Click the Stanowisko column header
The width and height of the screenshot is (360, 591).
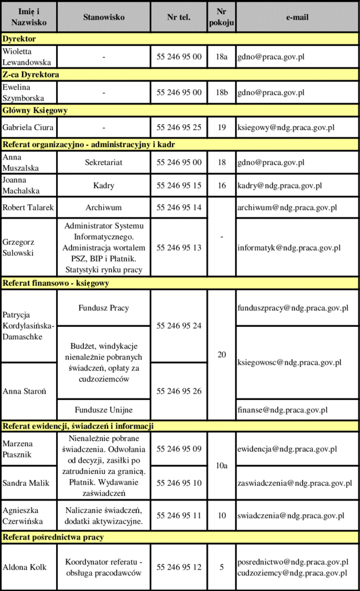pos(103,17)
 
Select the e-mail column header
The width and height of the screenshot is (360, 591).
pos(297,17)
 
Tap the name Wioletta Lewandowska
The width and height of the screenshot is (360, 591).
pos(27,57)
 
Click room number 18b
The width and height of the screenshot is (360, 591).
pos(222,92)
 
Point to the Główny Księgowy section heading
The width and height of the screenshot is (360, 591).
pos(35,111)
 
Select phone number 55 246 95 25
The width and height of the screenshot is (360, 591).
pos(179,127)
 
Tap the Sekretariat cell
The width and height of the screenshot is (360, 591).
pos(103,163)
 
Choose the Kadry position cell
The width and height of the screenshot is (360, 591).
pos(103,186)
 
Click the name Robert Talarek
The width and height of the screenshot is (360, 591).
pos(28,207)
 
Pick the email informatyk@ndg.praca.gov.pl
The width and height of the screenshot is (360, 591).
pos(288,248)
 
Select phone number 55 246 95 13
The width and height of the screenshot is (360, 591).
pos(179,248)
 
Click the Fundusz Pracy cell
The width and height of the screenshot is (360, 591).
pos(103,308)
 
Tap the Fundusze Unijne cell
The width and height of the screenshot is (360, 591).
pos(103,409)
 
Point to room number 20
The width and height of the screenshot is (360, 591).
pos(222,355)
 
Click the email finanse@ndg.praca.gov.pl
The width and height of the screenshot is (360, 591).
pos(282,409)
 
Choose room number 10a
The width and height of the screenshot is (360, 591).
pos(222,466)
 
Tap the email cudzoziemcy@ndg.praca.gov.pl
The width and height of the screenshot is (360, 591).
pos(291,573)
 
